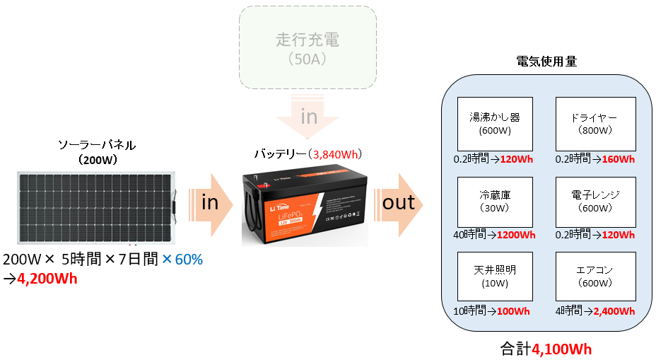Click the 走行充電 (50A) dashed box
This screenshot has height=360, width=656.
point(307,47)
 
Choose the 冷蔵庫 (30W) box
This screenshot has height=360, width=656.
point(495,201)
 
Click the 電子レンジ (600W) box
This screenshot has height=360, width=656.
point(595,201)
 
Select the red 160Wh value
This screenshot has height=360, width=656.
point(619,159)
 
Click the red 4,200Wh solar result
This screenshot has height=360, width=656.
point(47,278)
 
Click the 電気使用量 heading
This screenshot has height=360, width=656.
point(547,62)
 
